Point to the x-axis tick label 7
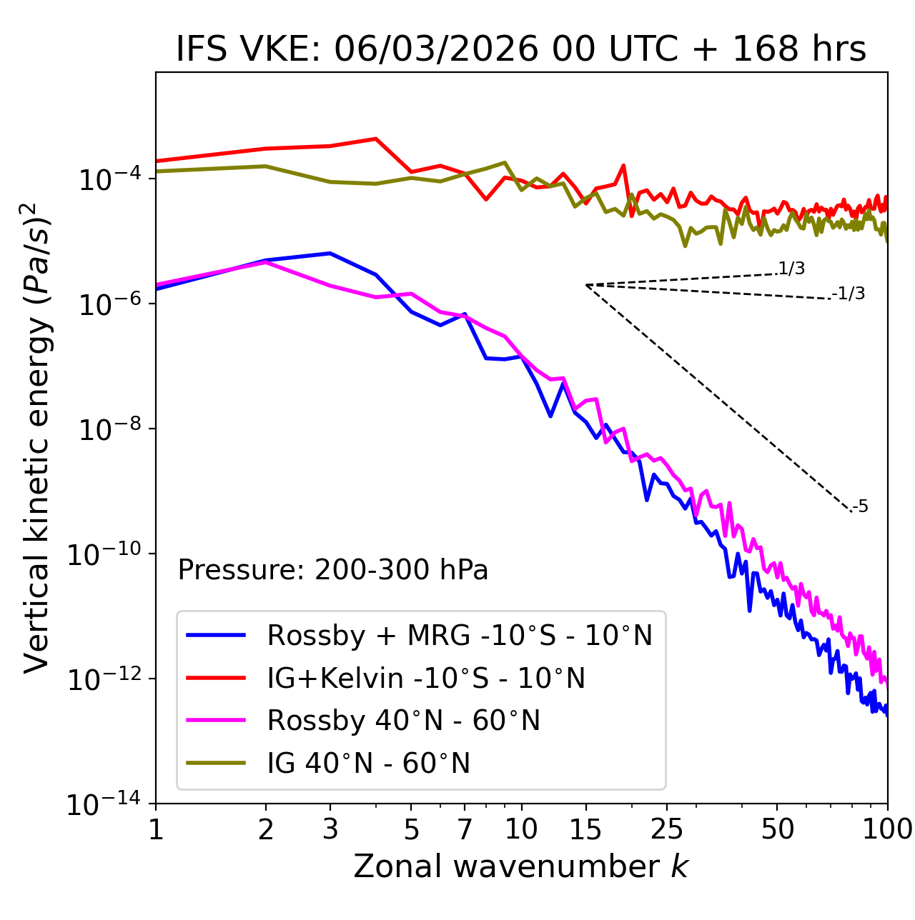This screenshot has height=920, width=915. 465,829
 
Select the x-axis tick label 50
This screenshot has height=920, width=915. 777,829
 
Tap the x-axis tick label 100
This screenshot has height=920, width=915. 886,829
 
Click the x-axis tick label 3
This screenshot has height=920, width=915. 330,829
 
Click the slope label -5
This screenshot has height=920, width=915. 860,507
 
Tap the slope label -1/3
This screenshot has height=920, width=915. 849,294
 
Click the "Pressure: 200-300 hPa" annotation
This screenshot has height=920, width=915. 333,570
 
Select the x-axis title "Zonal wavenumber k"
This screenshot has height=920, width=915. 520,866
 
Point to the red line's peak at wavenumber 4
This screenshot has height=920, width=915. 376,139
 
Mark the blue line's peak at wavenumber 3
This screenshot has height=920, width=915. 330,254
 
